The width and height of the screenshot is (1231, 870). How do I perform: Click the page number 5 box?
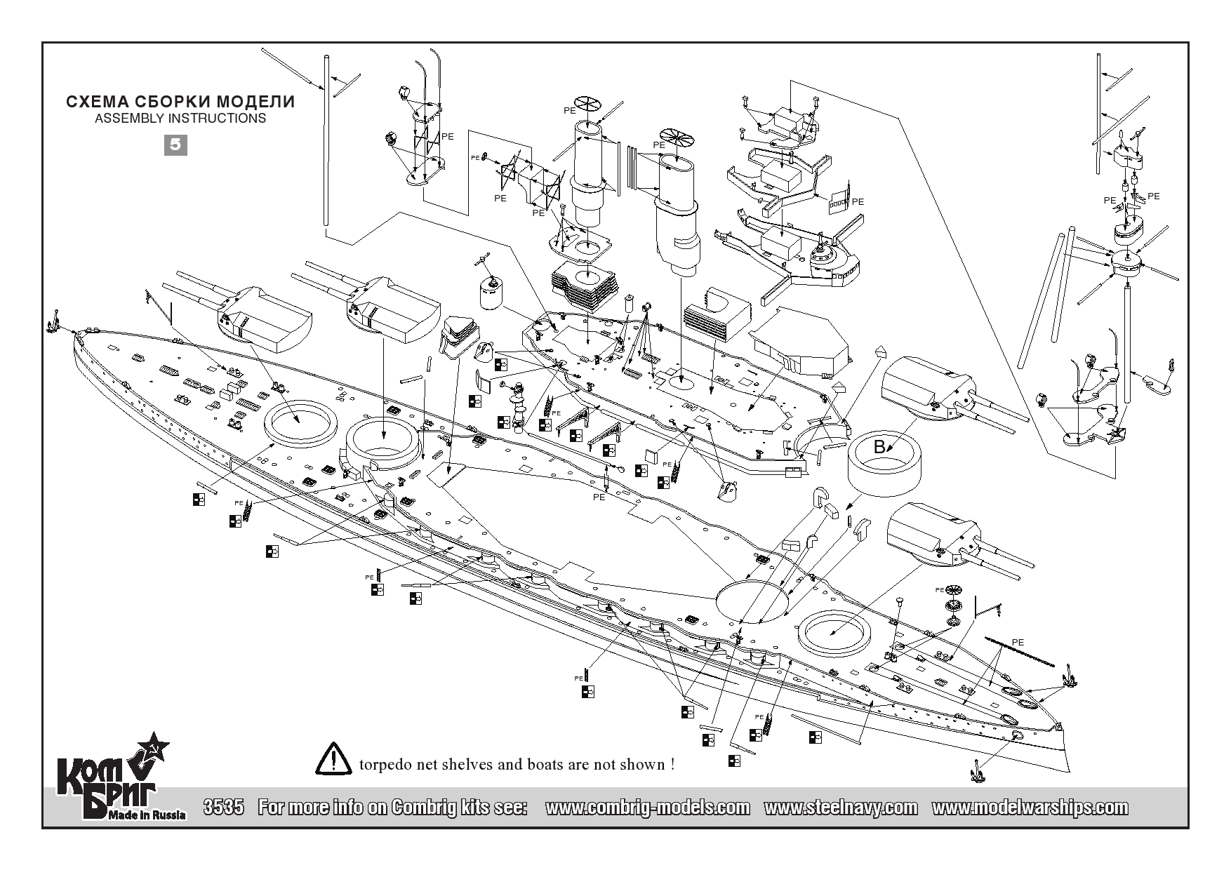[x=175, y=145]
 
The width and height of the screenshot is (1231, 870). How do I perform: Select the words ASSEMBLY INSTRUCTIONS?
[x=180, y=119]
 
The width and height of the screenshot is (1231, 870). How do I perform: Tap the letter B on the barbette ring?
[x=879, y=446]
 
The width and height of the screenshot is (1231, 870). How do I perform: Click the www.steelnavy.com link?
[x=840, y=808]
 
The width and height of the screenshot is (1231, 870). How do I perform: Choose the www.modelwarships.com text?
[x=1030, y=808]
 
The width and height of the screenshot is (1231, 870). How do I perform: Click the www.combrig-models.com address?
[x=647, y=808]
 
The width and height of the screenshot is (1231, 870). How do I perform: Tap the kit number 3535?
[x=222, y=808]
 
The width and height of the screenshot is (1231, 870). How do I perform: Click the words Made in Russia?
[x=147, y=815]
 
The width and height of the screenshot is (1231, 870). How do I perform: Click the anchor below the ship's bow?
[x=975, y=775]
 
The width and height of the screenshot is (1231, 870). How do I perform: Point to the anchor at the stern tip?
[x=52, y=321]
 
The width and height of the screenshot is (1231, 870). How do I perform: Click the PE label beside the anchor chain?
[x=1018, y=643]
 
